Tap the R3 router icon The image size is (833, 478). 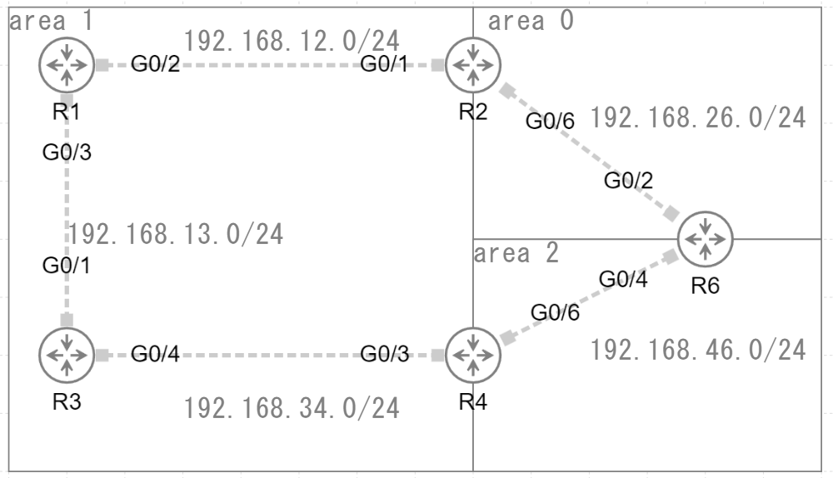click(66, 355)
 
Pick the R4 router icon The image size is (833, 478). click(472, 355)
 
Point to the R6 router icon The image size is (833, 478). click(705, 239)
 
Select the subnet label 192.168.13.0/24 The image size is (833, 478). click(176, 234)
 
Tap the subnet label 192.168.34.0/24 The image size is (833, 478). click(292, 408)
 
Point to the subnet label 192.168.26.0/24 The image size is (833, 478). click(698, 118)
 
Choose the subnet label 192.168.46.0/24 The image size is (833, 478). click(698, 351)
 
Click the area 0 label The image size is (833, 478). click(531, 21)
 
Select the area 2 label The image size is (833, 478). click(516, 253)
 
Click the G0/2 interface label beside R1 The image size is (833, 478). click(155, 64)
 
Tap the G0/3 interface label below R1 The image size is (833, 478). click(66, 152)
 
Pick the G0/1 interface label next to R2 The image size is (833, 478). click(384, 64)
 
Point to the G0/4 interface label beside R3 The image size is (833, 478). click(155, 356)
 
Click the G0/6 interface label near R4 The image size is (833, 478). click(556, 312)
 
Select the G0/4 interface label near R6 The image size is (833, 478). click(623, 280)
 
